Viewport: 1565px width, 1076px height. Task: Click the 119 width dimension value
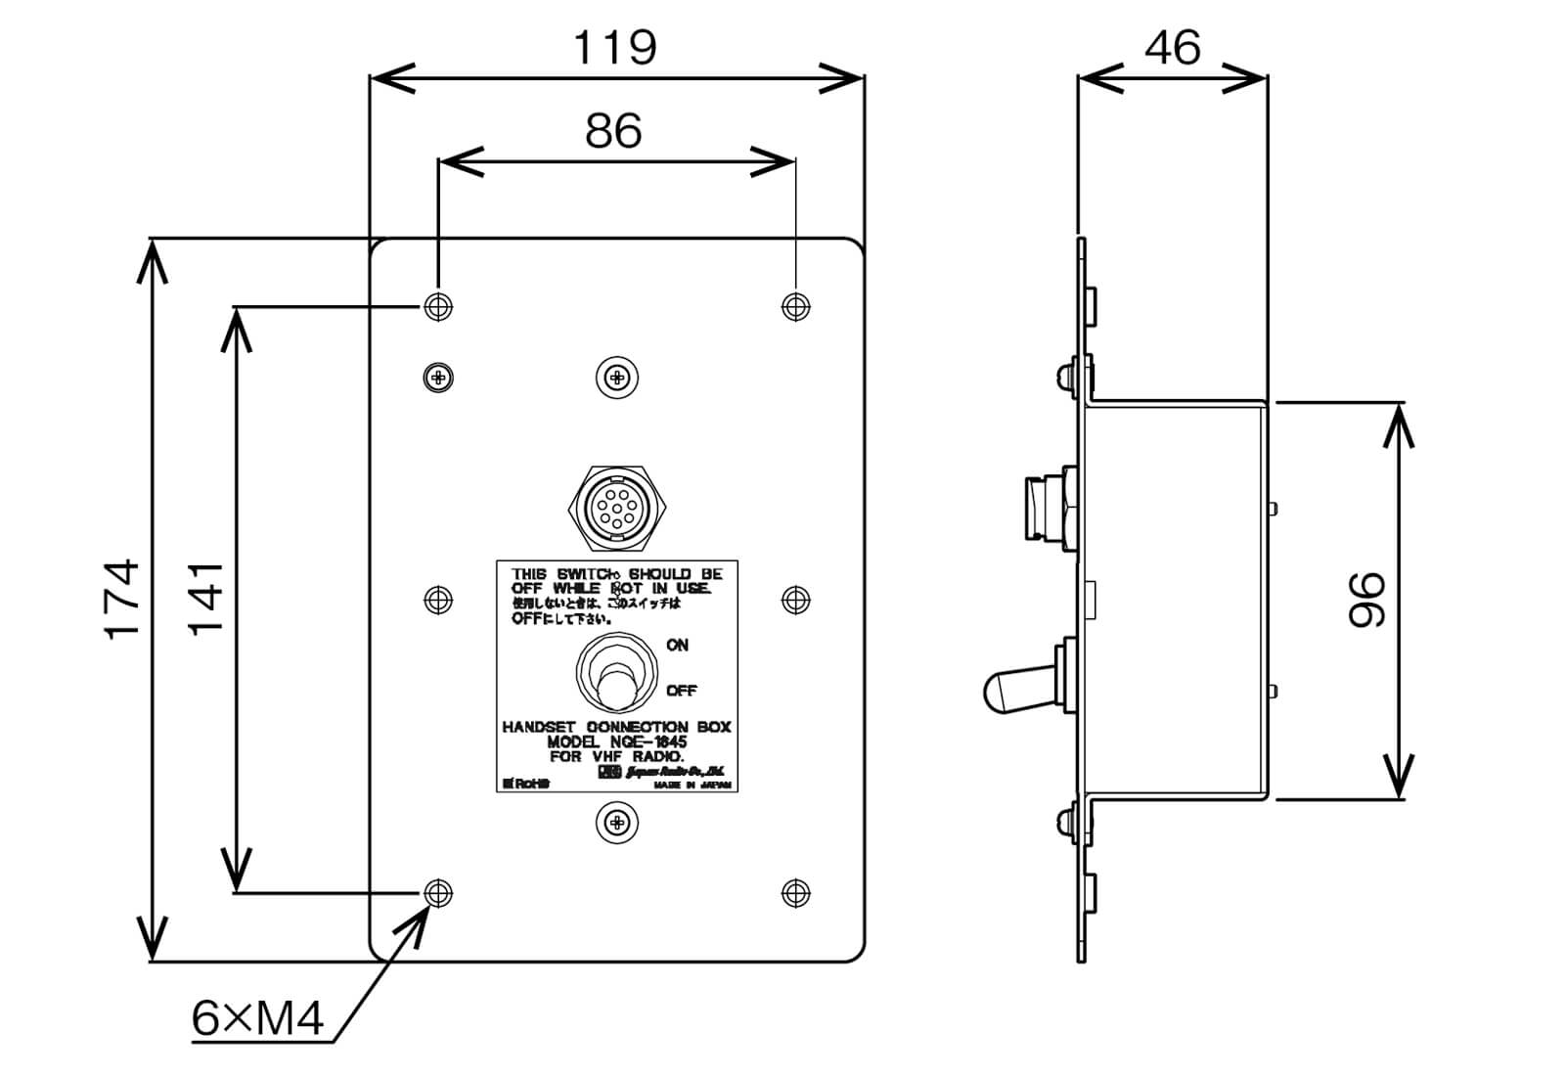coord(614,46)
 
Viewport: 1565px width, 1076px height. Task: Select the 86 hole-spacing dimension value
coord(613,130)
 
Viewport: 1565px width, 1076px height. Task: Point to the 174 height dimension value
coord(123,600)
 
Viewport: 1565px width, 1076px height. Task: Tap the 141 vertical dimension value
coord(206,599)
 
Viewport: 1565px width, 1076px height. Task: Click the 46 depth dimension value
coord(1172,46)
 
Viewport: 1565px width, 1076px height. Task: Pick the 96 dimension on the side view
coord(1367,600)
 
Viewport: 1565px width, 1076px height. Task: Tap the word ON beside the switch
coord(677,646)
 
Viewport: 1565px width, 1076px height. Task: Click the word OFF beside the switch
coord(681,691)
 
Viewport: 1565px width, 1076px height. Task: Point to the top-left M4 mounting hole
coord(438,306)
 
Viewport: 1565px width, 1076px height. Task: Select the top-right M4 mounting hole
coord(796,306)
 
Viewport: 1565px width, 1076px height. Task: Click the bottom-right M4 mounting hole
coord(796,892)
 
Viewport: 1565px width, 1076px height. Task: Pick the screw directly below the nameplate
coord(617,823)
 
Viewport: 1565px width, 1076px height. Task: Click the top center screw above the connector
coord(617,377)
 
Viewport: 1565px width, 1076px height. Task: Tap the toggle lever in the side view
coord(1007,690)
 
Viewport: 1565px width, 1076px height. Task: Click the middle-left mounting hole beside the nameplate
coord(438,600)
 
